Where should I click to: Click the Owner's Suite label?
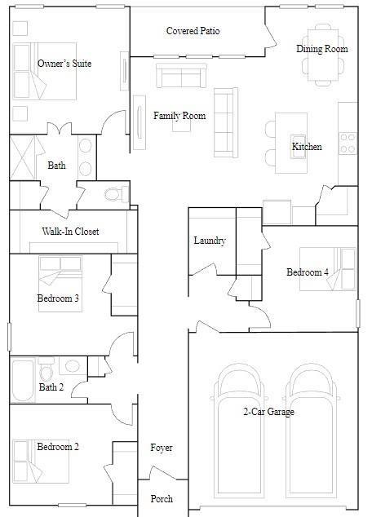64,64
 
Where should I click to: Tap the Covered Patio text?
193,31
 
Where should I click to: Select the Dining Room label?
321,49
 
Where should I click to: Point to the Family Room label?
179,116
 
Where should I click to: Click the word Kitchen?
307,147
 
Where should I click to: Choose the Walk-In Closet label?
70,232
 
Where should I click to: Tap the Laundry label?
210,241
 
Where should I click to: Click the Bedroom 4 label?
308,272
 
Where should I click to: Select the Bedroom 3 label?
58,298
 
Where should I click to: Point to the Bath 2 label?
51,387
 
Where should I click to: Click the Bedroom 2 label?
58,446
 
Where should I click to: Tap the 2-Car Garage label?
268,412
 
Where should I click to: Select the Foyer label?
162,448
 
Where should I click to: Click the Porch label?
162,498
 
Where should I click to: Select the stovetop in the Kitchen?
348,144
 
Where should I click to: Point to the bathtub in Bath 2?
24,381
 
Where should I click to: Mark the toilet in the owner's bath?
116,194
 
